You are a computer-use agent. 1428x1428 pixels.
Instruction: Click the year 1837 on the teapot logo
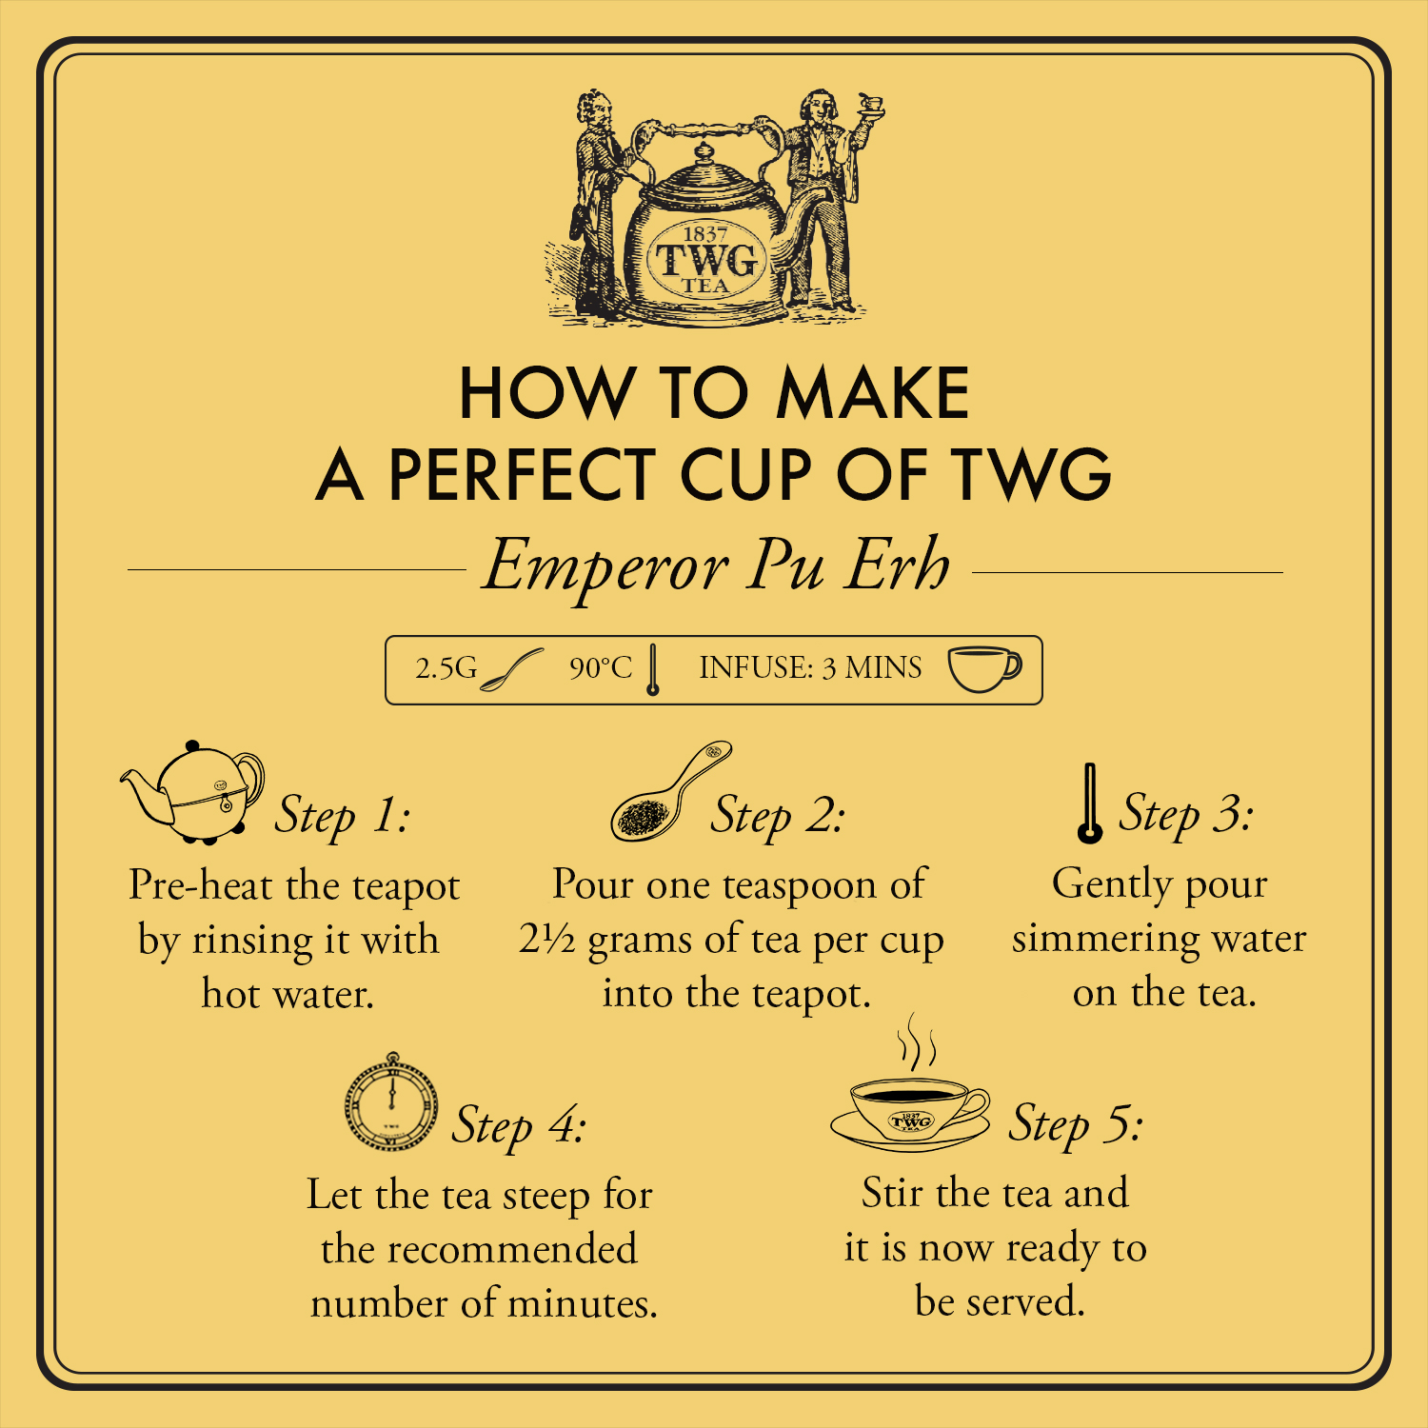[705, 233]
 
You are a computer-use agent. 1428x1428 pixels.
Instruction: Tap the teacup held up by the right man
[870, 103]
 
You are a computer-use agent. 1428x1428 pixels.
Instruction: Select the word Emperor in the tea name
[605, 566]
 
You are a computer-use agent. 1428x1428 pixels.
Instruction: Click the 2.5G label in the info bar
[446, 668]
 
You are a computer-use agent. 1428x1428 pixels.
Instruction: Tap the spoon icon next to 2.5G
[511, 670]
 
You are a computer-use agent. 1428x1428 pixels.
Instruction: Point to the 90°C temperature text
[600, 668]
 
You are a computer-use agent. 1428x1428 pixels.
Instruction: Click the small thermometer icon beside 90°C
[652, 670]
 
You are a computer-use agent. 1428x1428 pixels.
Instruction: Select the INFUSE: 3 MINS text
[810, 668]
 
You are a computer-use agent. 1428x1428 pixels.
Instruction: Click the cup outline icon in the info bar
[984, 668]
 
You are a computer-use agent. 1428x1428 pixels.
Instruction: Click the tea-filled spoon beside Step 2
[666, 795]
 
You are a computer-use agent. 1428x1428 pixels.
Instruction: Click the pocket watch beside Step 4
[391, 1104]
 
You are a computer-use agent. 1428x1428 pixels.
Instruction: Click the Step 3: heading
[1185, 814]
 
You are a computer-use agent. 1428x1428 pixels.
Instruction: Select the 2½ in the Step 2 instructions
[546, 940]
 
